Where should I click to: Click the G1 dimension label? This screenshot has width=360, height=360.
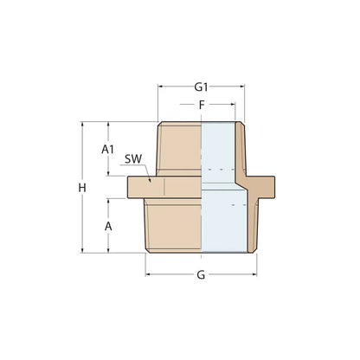tap(201, 87)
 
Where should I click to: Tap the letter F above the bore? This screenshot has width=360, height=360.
tap(201, 106)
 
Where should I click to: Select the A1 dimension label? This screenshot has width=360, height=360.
tap(108, 149)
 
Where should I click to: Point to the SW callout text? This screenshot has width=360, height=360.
tap(132, 160)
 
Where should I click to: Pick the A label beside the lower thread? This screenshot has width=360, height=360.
tap(108, 225)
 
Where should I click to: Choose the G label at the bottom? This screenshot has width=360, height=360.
tap(201, 275)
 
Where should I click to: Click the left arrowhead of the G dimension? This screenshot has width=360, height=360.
tap(148, 275)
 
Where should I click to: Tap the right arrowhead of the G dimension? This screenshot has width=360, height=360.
tap(254, 275)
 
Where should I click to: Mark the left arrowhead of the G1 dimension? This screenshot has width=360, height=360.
tap(161, 87)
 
